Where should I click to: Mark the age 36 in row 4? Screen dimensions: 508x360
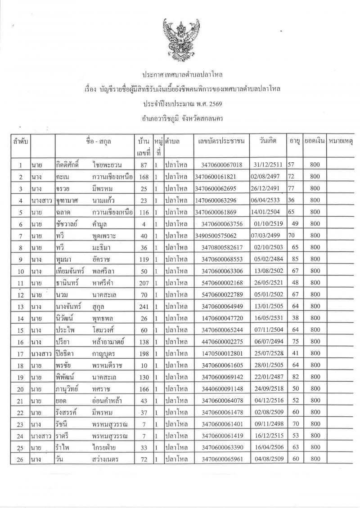coord(292,201)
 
